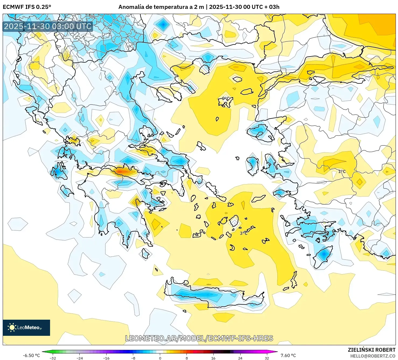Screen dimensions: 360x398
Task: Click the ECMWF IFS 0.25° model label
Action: (27, 7)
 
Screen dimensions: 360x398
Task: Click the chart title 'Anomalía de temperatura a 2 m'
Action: (161, 7)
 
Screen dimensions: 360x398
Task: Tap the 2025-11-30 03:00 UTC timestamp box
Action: (48, 26)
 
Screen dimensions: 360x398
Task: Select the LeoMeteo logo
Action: (26, 327)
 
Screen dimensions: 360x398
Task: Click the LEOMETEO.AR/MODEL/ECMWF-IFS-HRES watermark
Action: (199, 338)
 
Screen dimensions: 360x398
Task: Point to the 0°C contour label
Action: (226, 99)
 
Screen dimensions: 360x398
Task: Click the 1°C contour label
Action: (342, 172)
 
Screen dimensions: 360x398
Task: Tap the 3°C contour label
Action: (244, 233)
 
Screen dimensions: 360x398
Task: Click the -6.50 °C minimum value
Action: (31, 355)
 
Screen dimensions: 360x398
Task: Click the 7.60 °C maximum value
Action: (288, 355)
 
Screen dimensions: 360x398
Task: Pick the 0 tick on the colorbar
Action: (160, 358)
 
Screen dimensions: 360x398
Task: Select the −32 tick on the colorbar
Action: (53, 358)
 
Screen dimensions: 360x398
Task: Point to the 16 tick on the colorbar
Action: (213, 358)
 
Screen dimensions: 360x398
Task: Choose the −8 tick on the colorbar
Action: (133, 358)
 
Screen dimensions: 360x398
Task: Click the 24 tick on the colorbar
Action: (240, 358)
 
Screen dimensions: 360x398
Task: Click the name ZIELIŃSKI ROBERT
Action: (371, 350)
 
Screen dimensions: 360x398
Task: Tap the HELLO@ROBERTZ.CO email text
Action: (373, 356)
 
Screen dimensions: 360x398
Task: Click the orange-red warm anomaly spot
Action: (122, 171)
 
